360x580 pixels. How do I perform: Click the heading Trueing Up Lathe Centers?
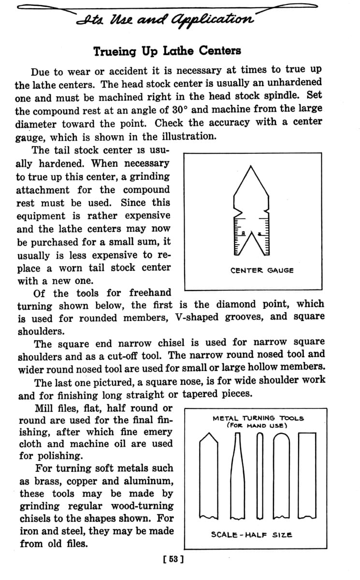[x=167, y=50]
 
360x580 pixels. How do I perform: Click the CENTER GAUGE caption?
[x=262, y=270]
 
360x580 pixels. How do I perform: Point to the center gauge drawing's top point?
[x=251, y=166]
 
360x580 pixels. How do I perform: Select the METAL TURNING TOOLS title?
[x=259, y=418]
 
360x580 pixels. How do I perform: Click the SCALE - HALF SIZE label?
[x=252, y=535]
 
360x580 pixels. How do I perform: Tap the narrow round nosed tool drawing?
[x=260, y=474]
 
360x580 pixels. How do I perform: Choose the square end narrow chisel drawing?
[x=236, y=474]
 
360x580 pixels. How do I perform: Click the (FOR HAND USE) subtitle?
[x=258, y=426]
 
